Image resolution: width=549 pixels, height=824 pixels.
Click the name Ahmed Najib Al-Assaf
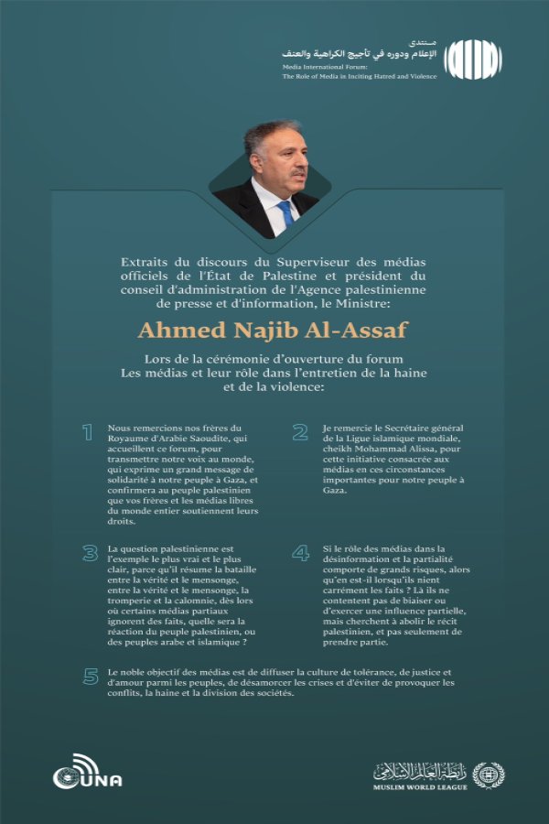click(x=274, y=328)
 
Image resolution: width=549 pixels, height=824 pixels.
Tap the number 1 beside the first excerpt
click(x=89, y=432)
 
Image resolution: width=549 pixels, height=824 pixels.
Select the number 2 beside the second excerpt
click(x=299, y=432)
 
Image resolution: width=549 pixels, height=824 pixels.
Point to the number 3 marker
click(x=89, y=553)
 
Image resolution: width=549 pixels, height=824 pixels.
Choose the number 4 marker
click(x=300, y=553)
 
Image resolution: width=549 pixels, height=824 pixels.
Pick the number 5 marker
click(x=90, y=677)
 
